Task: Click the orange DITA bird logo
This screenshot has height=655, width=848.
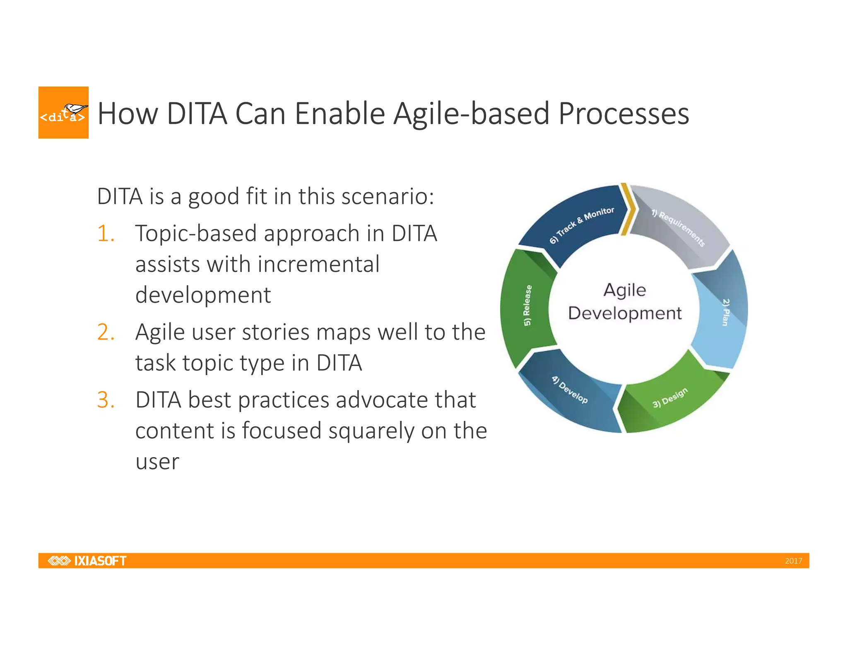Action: [x=63, y=113]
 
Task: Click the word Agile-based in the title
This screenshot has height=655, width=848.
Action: [x=471, y=114]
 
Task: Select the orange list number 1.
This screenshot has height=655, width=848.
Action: [x=106, y=233]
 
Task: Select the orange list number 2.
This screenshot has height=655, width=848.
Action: [x=106, y=332]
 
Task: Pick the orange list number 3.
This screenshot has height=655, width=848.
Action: [x=106, y=400]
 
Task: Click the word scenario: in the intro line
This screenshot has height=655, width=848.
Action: [x=388, y=196]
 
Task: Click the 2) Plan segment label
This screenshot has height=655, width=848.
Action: [x=725, y=312]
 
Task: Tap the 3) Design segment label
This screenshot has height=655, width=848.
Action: [x=670, y=398]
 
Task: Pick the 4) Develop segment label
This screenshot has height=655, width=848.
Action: [x=569, y=390]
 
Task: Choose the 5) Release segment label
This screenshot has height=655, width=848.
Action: [x=527, y=305]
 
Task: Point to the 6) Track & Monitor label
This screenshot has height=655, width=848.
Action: [x=581, y=225]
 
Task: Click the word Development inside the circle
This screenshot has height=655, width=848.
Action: [x=624, y=313]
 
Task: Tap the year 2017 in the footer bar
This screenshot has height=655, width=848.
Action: [x=793, y=561]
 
